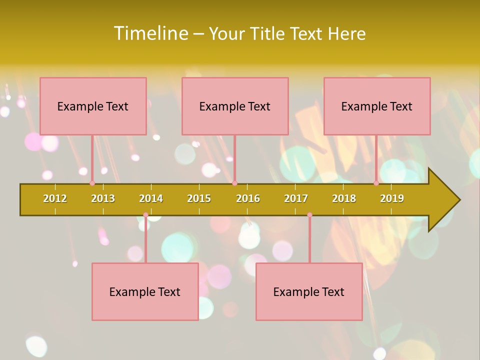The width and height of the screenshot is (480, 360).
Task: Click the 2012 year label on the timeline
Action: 55,198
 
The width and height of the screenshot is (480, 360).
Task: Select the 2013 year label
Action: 103,198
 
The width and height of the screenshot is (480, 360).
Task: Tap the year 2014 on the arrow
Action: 151,198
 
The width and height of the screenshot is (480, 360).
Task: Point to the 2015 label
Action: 199,198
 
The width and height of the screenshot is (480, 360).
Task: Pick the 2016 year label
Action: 248,198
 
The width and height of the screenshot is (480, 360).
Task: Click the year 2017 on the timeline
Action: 296,198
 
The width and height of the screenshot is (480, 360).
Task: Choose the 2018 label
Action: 344,198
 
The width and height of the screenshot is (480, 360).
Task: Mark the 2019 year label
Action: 392,198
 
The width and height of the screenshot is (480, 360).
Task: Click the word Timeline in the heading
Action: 149,33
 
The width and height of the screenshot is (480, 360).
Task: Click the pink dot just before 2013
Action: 92,183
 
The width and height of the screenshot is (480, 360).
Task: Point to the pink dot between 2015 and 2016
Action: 234,183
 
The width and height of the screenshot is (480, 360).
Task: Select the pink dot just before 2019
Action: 376,183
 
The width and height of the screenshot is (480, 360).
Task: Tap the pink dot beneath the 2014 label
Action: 145,215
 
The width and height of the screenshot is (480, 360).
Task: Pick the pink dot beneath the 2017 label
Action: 309,215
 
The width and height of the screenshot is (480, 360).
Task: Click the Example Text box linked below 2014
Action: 145,291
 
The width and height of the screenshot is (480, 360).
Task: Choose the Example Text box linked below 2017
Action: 309,291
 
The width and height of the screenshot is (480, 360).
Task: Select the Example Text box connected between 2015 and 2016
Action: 235,106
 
